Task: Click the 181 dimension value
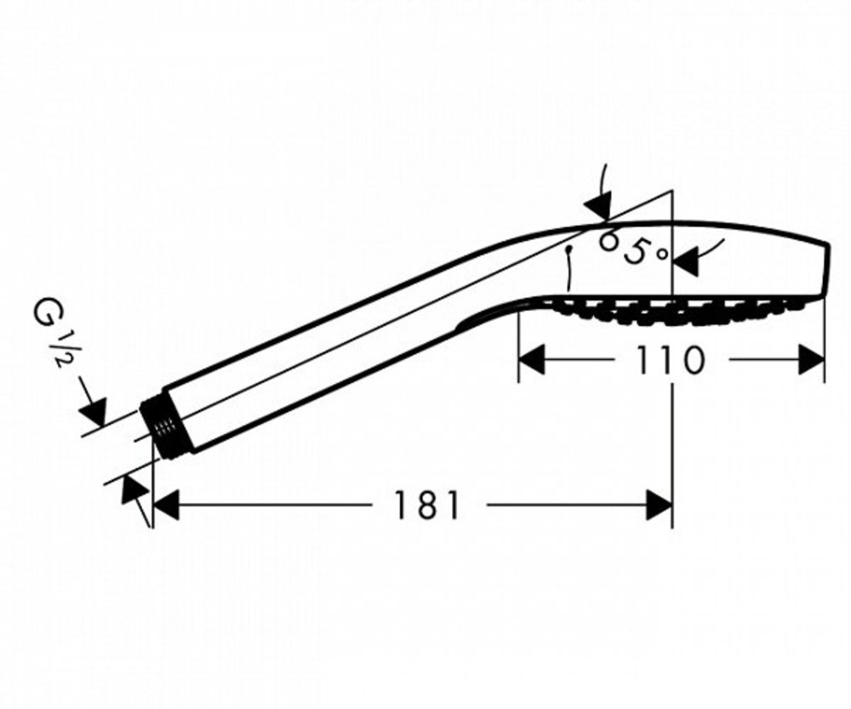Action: [426, 506]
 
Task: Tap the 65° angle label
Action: [633, 249]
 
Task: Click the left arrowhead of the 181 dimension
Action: [166, 505]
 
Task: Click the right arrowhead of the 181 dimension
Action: [660, 505]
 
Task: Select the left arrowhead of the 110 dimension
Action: [532, 360]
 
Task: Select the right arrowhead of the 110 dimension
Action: [811, 360]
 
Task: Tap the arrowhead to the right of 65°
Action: [687, 262]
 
